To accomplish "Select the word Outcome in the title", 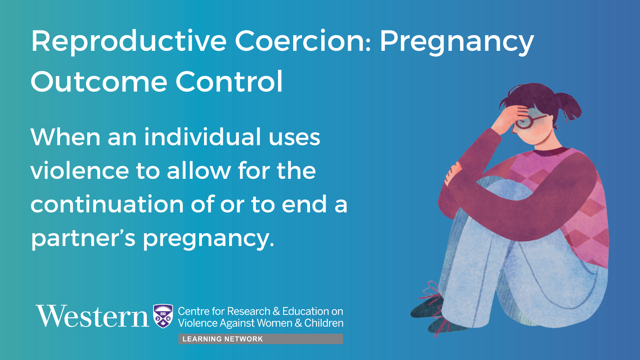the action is pyautogui.click(x=99, y=82).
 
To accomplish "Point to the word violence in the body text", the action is pyautogui.click(x=80, y=170).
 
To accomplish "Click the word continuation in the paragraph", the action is pyautogui.click(x=107, y=204).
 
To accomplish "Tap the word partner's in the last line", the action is pyautogui.click(x=83, y=238).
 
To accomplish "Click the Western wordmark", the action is pyautogui.click(x=92, y=316).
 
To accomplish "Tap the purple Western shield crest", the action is pyautogui.click(x=163, y=316).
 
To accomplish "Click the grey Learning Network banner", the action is pyautogui.click(x=260, y=339).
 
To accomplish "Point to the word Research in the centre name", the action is pyautogui.click(x=249, y=311).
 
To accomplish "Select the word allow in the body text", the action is pyautogui.click(x=199, y=170).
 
